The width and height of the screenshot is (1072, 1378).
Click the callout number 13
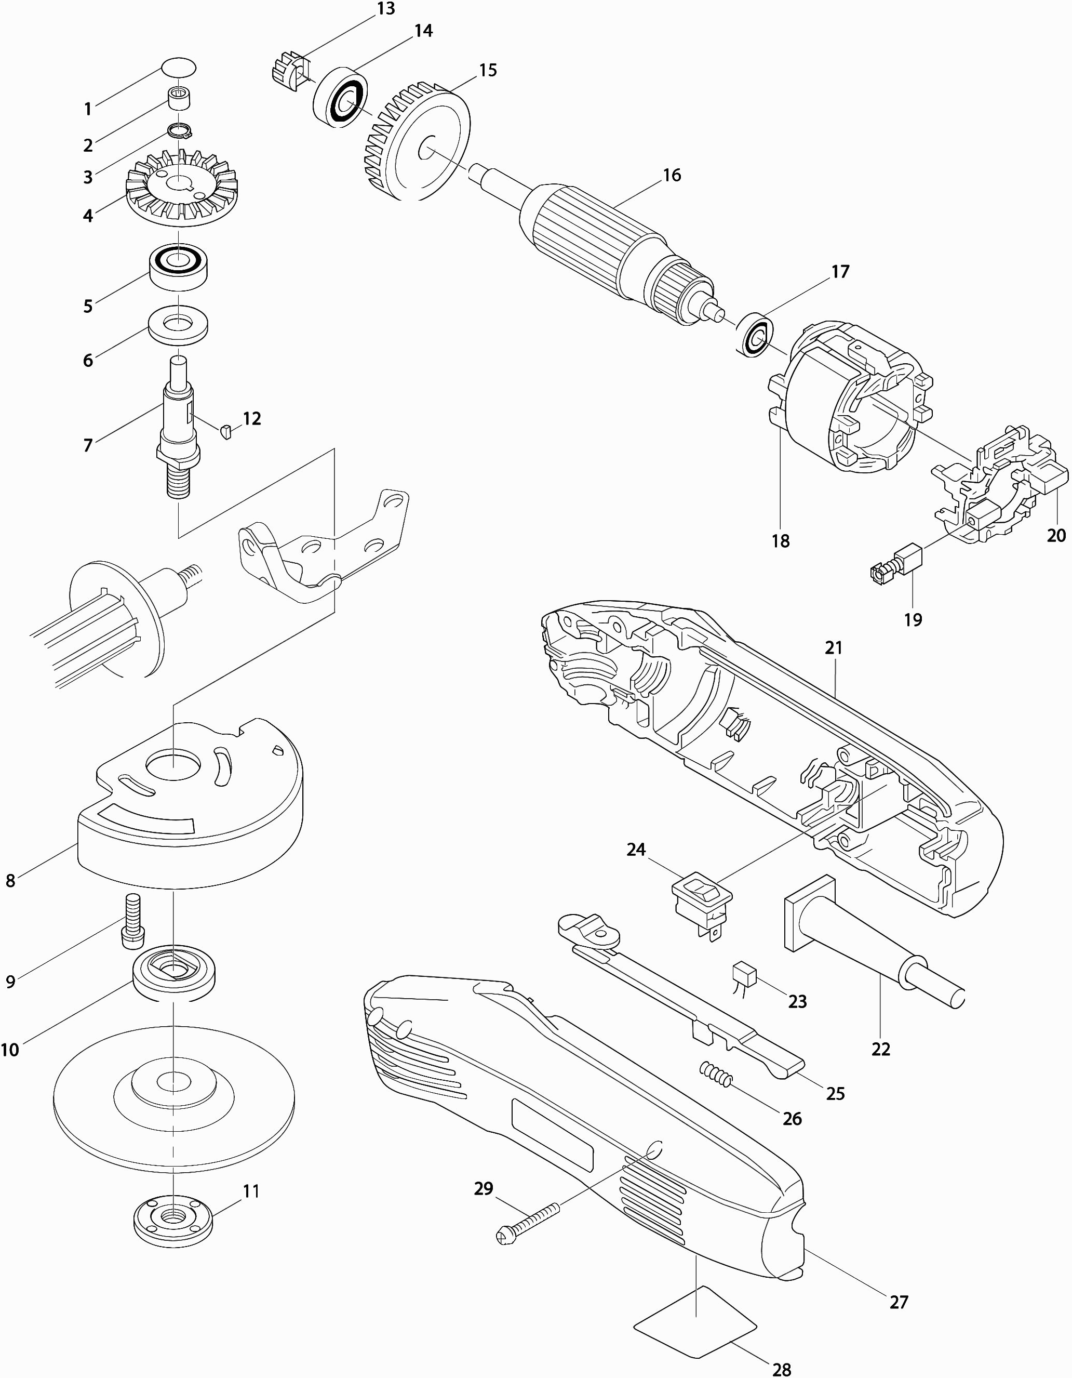pos(385,9)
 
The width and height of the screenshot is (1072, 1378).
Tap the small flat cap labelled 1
pos(179,67)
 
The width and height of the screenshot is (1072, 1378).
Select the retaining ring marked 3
pos(179,130)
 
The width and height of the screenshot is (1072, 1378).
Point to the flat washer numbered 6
pos(179,325)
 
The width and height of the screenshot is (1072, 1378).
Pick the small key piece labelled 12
pos(227,432)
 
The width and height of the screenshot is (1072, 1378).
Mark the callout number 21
pos(834,647)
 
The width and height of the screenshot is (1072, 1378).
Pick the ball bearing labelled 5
pos(179,266)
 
